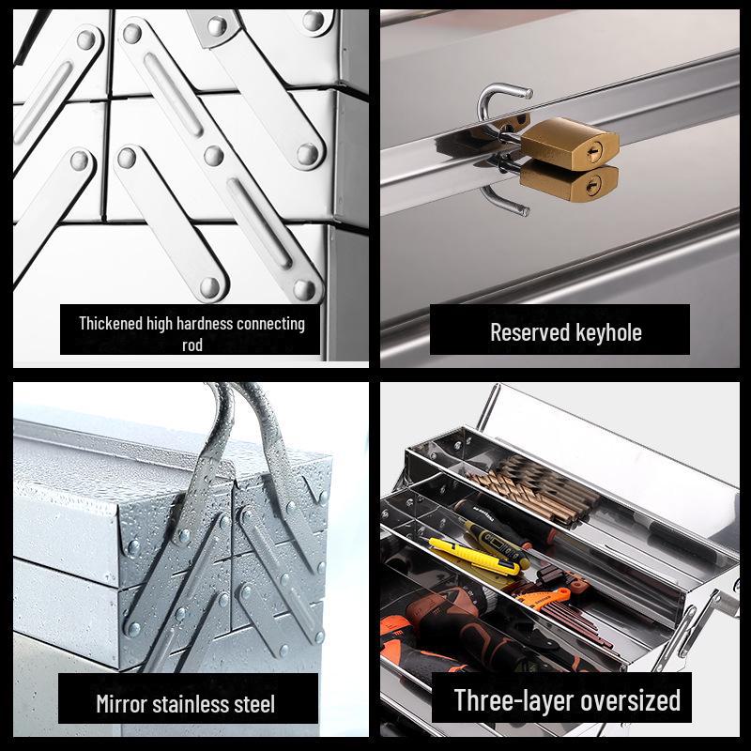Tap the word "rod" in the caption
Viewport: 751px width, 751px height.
coord(192,345)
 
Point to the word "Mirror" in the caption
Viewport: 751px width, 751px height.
coord(121,704)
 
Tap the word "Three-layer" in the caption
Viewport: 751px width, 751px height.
coord(513,700)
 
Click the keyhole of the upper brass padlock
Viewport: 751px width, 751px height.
coord(593,153)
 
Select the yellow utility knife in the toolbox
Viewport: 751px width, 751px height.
coord(474,557)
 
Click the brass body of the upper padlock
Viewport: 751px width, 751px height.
coord(570,145)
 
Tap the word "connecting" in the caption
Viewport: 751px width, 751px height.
coord(270,325)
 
